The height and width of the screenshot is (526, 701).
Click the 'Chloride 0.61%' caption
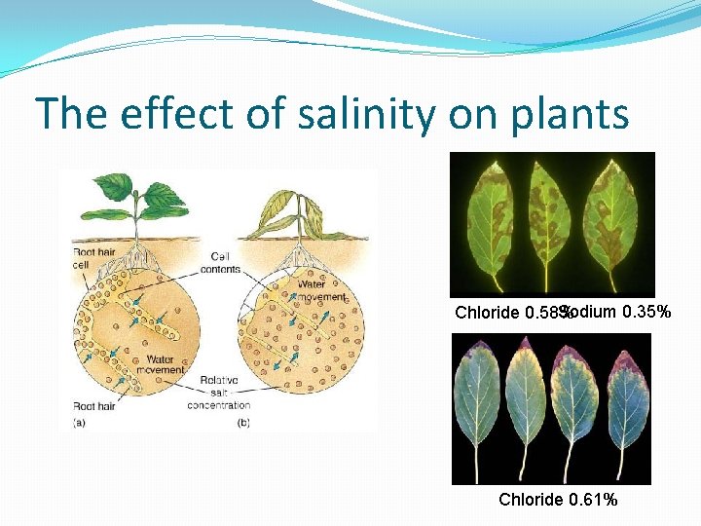558,500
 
